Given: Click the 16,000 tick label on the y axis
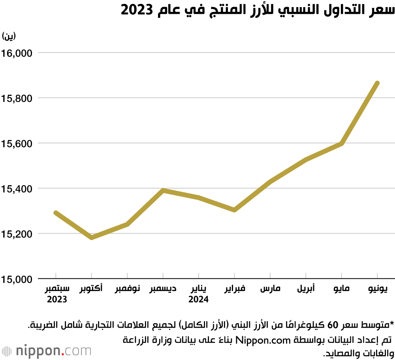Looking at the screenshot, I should point(17,52).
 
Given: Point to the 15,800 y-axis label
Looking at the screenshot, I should point(17,98).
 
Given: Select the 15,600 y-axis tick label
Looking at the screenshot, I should point(17,143).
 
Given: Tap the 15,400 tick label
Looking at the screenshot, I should point(17,189).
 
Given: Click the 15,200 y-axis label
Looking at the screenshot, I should point(17,234).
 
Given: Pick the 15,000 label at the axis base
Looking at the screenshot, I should point(17,279).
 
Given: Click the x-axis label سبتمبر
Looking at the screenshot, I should point(58,289).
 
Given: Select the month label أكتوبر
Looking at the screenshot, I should point(91,289).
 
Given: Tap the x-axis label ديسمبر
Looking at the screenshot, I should point(163,289).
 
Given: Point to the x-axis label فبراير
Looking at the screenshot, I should point(235,289).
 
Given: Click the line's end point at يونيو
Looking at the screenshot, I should point(377,83).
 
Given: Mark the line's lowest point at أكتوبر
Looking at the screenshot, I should point(92,238).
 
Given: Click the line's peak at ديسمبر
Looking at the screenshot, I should point(163,190).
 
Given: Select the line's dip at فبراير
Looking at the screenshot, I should point(235,210).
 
